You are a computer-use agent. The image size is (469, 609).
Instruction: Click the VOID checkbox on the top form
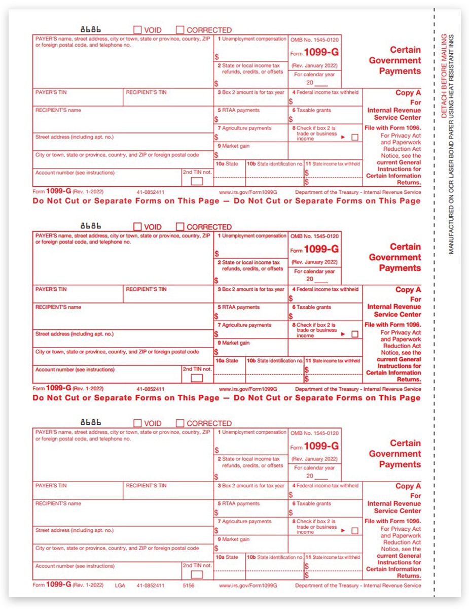[137, 30]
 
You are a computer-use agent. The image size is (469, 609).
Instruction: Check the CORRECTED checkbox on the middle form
[180, 227]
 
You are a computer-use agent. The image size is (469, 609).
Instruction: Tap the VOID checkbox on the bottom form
[137, 423]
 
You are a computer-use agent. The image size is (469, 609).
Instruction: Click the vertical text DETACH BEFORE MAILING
[444, 76]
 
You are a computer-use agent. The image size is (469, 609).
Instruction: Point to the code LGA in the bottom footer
[120, 585]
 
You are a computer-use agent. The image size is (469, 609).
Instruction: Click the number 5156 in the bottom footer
[189, 585]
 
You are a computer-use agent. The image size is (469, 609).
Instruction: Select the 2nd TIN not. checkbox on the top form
[196, 181]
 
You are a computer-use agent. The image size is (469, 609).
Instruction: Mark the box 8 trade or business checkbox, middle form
[355, 334]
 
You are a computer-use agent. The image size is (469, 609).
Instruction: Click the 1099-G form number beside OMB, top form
[321, 53]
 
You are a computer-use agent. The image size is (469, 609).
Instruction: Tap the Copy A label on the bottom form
[408, 486]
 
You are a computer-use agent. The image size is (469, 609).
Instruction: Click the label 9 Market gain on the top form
[234, 146]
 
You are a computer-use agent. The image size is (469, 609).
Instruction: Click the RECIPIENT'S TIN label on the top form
[146, 92]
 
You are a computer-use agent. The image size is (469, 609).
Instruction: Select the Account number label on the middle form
[75, 369]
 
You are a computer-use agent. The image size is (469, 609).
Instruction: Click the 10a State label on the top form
[227, 164]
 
